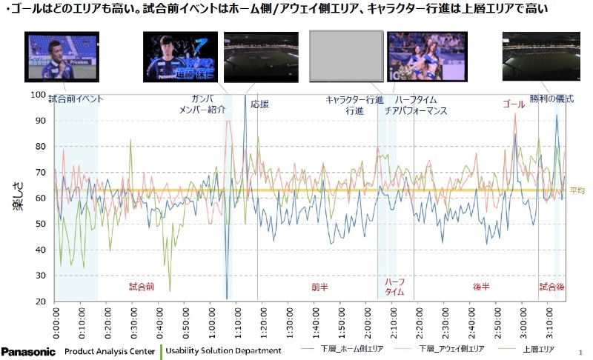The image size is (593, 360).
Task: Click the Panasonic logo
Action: coord(28,350)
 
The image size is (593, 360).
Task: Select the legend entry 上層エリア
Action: coord(539,348)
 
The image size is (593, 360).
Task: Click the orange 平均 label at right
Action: coord(577,190)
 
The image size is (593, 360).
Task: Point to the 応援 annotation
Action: coord(259,104)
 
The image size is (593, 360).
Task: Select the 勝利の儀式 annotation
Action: coord(551,99)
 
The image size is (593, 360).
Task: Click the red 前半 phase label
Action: coord(319,286)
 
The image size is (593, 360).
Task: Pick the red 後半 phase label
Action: coord(481,286)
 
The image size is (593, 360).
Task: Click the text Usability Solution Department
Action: coord(223,350)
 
